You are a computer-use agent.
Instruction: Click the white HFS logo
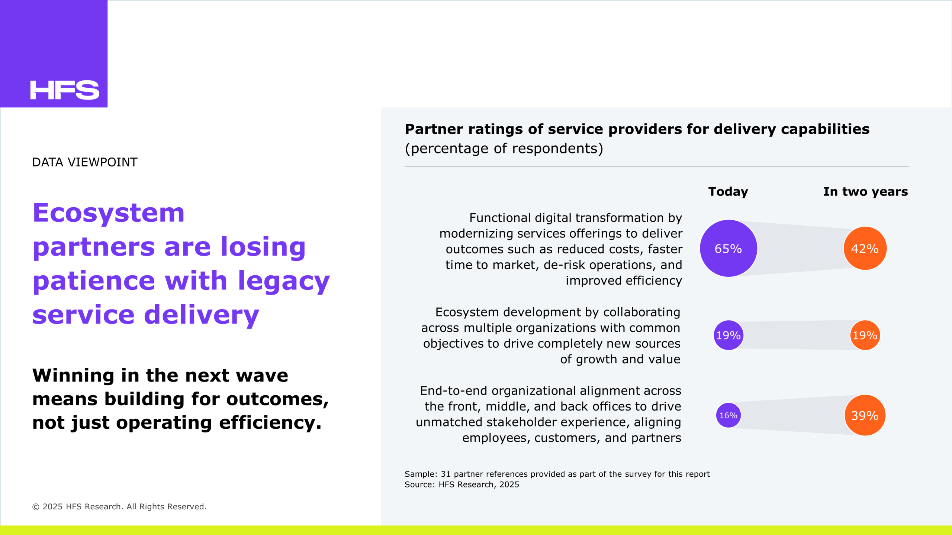[x=65, y=90]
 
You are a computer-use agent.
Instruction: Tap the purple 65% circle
[x=729, y=248]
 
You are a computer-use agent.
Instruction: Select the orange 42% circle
[x=865, y=248]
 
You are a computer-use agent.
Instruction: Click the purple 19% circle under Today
[x=729, y=335]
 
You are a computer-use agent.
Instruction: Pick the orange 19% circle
[x=865, y=335]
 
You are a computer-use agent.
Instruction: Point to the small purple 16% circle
[x=729, y=415]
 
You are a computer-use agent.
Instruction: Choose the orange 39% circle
[x=865, y=415]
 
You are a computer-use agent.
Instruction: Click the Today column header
[x=728, y=192]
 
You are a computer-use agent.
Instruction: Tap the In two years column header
[x=866, y=192]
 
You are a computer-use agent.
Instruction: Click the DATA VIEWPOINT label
[x=85, y=162]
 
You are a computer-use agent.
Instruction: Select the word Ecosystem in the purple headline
[x=109, y=213]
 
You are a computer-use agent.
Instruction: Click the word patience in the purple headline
[x=94, y=281]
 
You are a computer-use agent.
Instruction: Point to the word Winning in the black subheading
[x=73, y=376]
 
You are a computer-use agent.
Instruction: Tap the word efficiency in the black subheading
[x=270, y=423]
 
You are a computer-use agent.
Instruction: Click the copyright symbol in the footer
[x=36, y=507]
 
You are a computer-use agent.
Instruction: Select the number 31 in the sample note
[x=446, y=474]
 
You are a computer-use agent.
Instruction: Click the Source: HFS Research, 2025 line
[x=462, y=484]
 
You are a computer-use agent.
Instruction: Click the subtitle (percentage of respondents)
[x=504, y=149]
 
